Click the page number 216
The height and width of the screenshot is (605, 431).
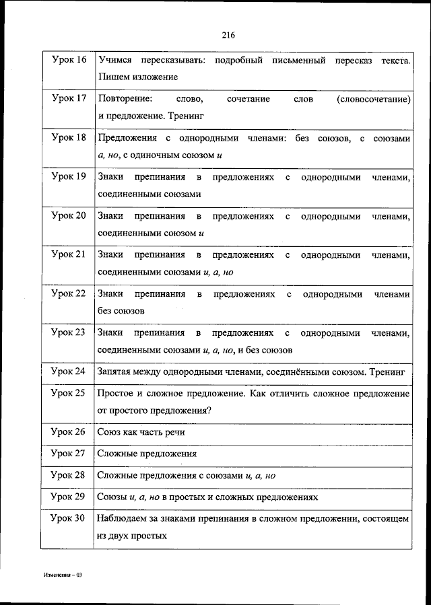point(227,35)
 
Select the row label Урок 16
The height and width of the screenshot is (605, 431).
point(69,61)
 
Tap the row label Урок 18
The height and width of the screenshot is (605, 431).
point(69,138)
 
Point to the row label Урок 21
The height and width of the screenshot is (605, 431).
point(69,255)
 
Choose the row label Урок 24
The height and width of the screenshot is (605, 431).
point(69,371)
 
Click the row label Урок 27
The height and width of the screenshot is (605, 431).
point(69,454)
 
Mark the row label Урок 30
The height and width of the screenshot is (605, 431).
point(69,519)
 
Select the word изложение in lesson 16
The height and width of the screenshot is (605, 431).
point(146,77)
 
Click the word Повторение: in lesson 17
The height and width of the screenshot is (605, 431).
point(124,99)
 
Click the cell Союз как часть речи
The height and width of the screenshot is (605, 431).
point(141,432)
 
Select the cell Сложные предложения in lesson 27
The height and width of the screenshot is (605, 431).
point(147,454)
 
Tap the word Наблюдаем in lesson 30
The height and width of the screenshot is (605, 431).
point(121,519)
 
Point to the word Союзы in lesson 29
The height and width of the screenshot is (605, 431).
point(112,497)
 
